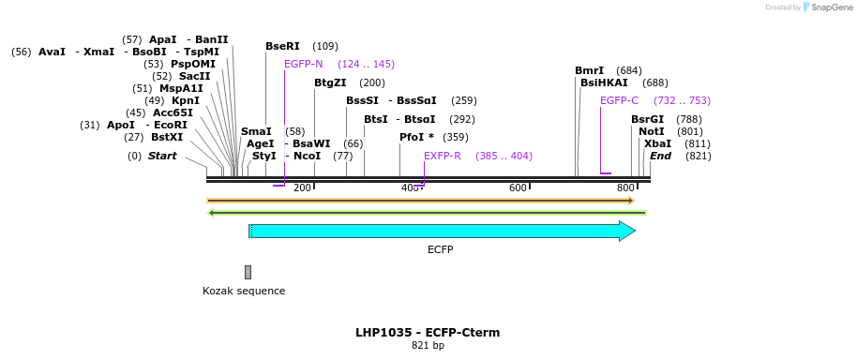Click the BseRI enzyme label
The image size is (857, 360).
tap(282, 46)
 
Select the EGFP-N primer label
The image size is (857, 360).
tap(303, 64)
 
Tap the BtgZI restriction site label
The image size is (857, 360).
tap(330, 82)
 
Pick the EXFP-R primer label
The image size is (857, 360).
tap(442, 156)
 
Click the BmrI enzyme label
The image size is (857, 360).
tap(590, 70)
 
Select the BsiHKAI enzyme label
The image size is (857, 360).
tap(604, 82)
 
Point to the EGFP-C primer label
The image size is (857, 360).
tap(619, 100)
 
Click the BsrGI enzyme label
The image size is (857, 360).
tap(647, 119)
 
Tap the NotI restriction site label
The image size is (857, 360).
tap(651, 131)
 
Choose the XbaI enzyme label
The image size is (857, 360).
tap(657, 143)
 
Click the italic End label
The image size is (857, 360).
tap(660, 156)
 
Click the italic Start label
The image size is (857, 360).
tap(162, 156)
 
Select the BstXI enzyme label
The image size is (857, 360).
tap(167, 137)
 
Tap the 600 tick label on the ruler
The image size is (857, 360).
tap(519, 188)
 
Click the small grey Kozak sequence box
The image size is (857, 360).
tap(248, 272)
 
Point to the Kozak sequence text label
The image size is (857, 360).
tap(244, 291)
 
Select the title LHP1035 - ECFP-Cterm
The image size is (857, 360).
tap(428, 333)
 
